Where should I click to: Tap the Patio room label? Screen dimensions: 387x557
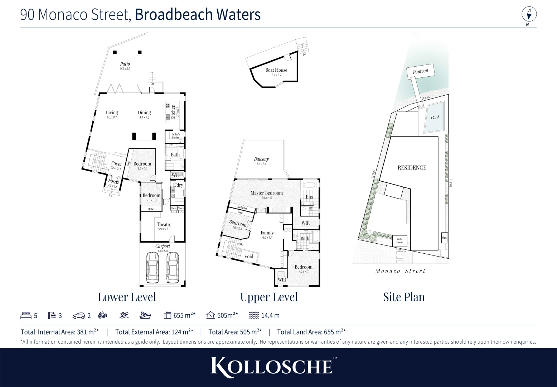coord(125,64)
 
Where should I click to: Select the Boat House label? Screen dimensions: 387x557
coord(276,70)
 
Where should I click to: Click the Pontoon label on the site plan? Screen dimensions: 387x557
coord(420,71)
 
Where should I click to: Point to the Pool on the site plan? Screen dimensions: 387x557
coord(435,117)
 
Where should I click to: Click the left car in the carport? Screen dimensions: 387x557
coord(152,268)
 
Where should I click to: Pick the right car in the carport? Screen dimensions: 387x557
coord(173,268)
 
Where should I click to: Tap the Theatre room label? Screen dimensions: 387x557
coord(164,225)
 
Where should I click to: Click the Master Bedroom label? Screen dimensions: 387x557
coord(267,193)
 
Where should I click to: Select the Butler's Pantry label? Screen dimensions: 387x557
coord(175,136)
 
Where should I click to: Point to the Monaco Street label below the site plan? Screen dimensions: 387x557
coord(400,271)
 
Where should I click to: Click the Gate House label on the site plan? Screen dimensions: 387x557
coord(400,240)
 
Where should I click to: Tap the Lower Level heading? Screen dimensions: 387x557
coord(127,297)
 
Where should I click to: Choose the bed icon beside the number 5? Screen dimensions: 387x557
coord(26,315)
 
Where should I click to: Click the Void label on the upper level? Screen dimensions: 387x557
coord(248,257)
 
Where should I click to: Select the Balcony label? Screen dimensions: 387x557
coord(261,159)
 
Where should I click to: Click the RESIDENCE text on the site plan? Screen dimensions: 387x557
coord(412,168)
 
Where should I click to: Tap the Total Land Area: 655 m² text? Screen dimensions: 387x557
coord(311,332)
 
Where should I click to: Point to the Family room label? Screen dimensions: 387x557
coord(267,233)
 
